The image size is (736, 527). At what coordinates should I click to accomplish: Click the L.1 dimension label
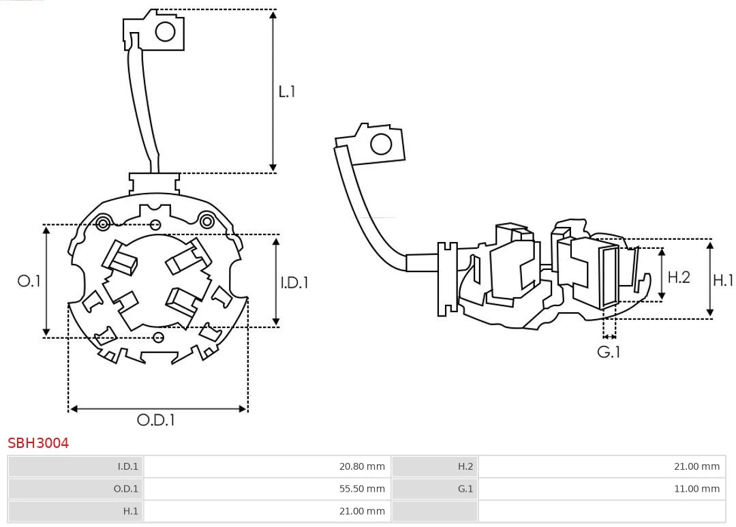pos(287,91)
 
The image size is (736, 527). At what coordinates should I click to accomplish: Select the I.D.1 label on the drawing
pos(294,282)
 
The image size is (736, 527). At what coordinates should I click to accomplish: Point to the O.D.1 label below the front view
pos(156,420)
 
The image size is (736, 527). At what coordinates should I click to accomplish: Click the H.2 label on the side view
pos(678,277)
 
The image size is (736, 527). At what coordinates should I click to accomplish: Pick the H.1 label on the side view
pos(723,280)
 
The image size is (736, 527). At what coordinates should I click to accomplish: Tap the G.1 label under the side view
pos(609,352)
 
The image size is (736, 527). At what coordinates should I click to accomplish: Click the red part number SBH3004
pos(38,443)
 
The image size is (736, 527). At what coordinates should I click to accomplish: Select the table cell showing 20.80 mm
pos(267,466)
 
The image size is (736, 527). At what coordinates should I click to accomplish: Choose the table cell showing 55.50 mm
pos(267,489)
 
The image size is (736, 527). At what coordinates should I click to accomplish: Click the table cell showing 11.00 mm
pos(602,489)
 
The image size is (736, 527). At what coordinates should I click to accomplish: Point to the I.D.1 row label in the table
pos(76,466)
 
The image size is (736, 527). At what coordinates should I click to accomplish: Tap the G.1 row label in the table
pos(434,489)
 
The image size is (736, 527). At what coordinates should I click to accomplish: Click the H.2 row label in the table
pos(434,466)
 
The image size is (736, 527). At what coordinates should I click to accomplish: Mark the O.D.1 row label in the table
pos(76,489)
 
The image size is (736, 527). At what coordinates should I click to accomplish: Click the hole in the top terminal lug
pos(166,31)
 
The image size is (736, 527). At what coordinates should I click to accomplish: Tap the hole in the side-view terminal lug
pos(380,145)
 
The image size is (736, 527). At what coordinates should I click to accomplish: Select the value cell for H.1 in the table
pos(267,511)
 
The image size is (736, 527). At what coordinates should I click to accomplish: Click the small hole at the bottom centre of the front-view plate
pos(159,337)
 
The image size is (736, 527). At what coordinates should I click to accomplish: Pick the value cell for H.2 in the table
pos(602,466)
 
